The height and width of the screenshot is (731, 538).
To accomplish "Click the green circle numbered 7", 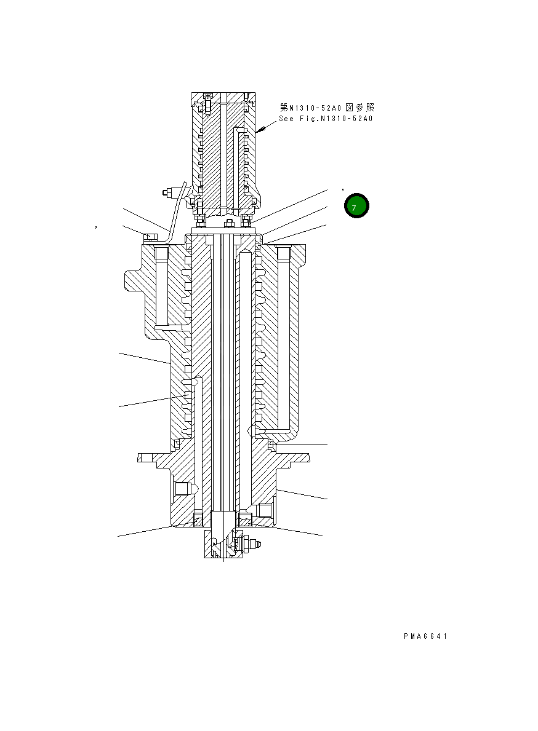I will [x=356, y=207].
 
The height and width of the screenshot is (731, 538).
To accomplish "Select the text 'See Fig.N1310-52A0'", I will [x=326, y=119].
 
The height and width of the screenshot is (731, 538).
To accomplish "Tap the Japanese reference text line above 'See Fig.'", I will [x=327, y=108].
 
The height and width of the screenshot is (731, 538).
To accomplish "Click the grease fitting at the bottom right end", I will [x=257, y=544].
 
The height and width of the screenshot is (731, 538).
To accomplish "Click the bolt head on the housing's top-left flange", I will [x=150, y=237].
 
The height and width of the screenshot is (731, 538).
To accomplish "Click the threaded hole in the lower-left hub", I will [x=182, y=489].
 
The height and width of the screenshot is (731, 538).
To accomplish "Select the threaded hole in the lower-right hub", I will [x=265, y=510].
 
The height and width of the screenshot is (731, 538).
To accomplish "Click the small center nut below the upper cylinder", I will [x=228, y=223].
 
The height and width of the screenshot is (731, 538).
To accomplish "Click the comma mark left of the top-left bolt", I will [x=97, y=227].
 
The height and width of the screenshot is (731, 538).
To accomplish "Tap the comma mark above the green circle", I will [x=343, y=189].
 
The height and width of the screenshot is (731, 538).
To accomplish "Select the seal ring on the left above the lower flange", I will [x=177, y=443].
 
